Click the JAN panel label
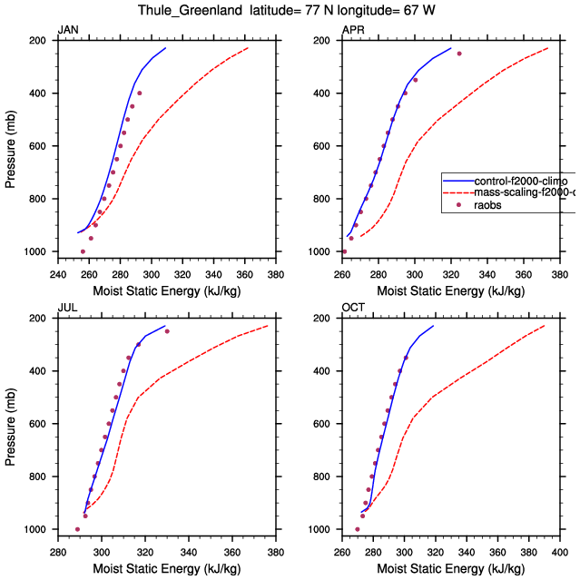tap(68, 30)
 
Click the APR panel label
tap(353, 30)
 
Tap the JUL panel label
tap(67, 308)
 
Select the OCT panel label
tap(353, 308)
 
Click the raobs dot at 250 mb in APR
tap(459, 54)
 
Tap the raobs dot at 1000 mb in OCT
tap(357, 529)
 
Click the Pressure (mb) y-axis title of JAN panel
tap(10, 146)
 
